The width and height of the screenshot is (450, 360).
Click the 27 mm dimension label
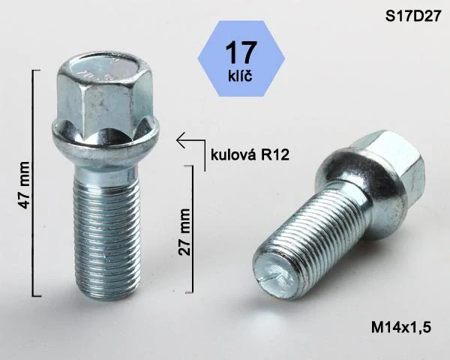point(184,232)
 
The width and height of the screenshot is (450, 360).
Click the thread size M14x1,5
point(400,327)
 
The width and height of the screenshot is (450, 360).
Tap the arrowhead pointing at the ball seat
point(180,139)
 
